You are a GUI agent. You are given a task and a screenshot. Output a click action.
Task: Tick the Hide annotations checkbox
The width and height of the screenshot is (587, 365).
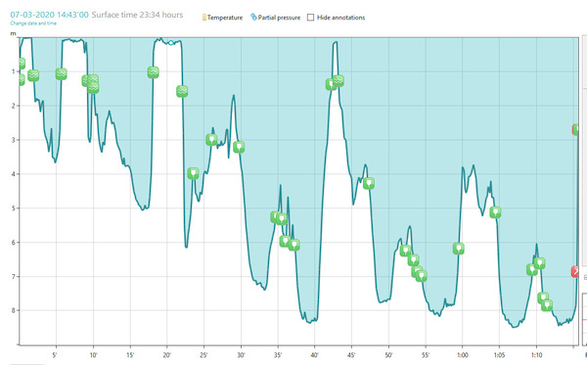pos(312,18)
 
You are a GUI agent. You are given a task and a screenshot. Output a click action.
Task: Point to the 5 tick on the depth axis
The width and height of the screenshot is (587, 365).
pos(14,208)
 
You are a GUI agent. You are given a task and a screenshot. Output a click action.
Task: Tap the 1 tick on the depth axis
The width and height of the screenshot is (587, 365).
pos(14,72)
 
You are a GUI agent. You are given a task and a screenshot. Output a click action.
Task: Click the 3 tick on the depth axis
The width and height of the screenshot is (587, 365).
pos(14,141)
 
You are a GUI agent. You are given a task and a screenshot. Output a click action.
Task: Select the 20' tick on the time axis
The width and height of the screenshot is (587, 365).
pos(167,354)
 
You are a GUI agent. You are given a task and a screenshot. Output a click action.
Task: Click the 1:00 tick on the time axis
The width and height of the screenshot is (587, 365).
pos(462,354)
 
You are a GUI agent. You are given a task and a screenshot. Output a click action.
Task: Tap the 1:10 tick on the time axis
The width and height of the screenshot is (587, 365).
pos(536,354)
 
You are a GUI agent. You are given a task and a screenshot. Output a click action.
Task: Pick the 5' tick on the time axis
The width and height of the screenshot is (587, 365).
pos(56,354)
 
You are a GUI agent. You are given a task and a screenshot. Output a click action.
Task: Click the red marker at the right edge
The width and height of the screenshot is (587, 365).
pos(575,271)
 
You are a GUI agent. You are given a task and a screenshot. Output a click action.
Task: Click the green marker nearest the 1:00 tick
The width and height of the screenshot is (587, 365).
pos(458,250)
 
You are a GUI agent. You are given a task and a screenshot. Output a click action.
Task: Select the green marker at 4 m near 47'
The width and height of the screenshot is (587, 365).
pos(369,183)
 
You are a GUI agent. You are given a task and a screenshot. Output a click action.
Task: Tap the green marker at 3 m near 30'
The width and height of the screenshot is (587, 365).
pos(239,148)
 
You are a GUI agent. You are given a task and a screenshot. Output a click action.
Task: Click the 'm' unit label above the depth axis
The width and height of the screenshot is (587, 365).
pos(14,34)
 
